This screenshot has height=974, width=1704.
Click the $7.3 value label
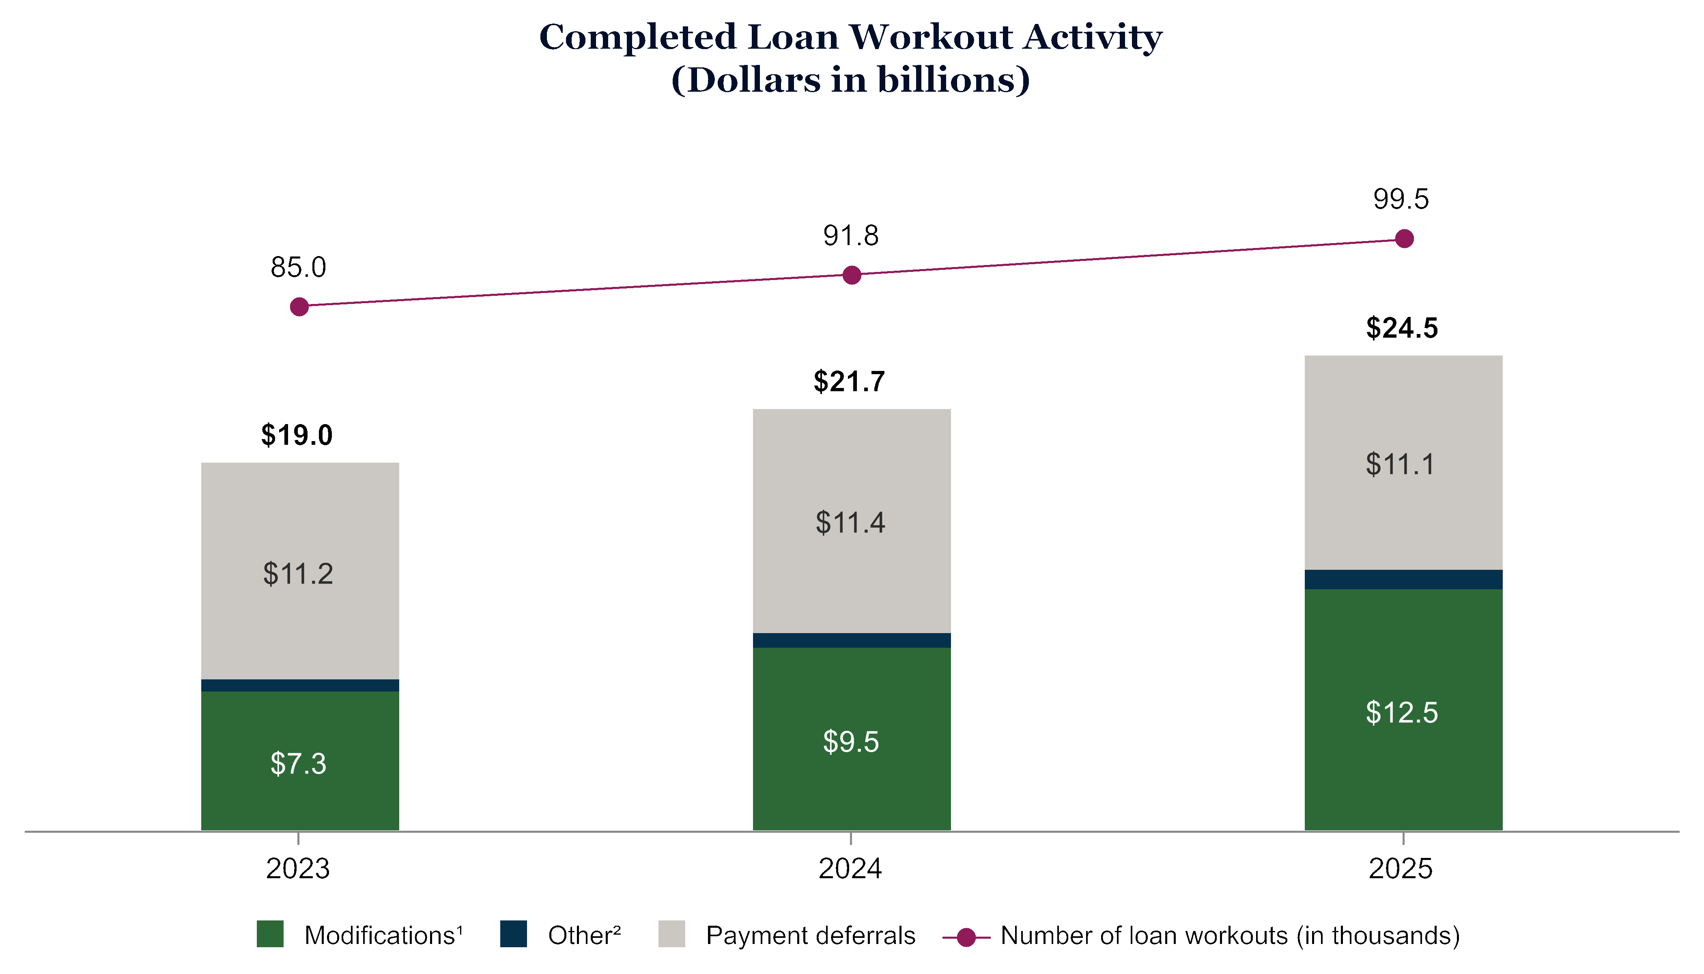[x=298, y=764]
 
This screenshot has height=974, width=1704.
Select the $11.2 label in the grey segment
[x=298, y=574]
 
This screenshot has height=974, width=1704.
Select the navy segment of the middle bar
[x=851, y=640]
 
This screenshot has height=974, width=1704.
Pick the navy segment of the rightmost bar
[x=1404, y=579]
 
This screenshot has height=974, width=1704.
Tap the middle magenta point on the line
[x=851, y=275]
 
